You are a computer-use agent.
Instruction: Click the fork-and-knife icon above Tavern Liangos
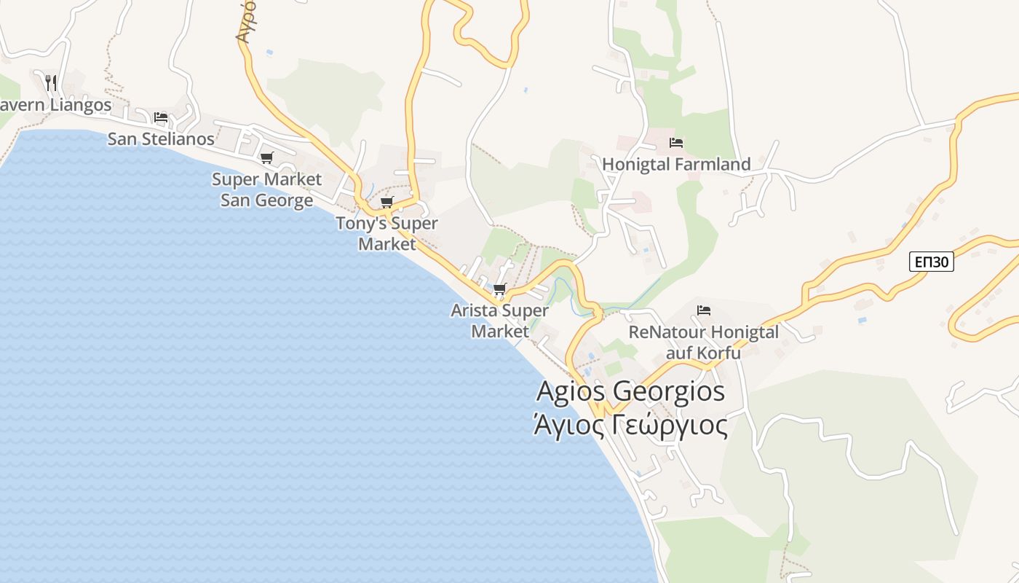[x=50, y=82]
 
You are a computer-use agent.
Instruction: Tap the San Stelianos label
[x=161, y=138]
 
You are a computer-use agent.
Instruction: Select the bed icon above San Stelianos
[x=161, y=117]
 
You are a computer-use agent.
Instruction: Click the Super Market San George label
[x=266, y=189]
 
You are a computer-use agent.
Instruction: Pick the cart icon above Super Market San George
[x=267, y=157]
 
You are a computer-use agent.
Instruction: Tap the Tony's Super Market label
[x=386, y=233]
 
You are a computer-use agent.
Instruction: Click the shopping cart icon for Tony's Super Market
[x=387, y=202]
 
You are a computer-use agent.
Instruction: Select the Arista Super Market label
[x=499, y=321]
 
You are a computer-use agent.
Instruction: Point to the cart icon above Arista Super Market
[x=499, y=289]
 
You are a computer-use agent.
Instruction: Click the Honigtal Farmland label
[x=676, y=165]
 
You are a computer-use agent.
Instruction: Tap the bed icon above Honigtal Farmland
[x=676, y=143]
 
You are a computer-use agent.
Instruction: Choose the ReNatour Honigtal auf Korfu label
[x=703, y=343]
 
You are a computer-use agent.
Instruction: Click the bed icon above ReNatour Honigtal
[x=703, y=310]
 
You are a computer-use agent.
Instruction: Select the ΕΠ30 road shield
[x=931, y=262]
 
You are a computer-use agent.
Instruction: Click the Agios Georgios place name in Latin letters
[x=630, y=391]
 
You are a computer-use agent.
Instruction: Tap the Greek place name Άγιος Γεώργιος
[x=630, y=425]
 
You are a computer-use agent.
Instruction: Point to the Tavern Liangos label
[x=55, y=105]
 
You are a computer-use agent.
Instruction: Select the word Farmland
[x=713, y=165]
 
